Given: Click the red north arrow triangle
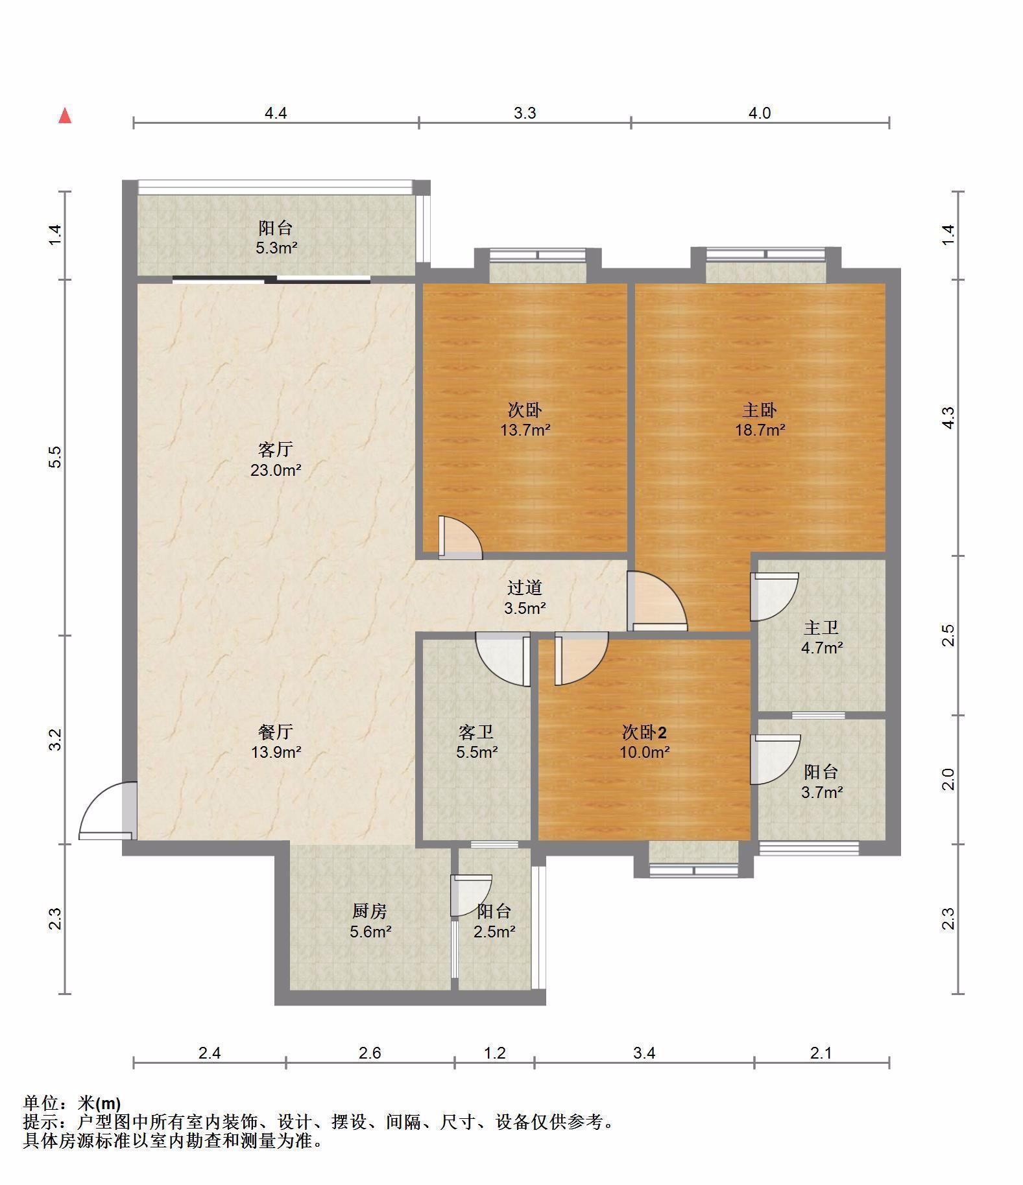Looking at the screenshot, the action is pos(65,116).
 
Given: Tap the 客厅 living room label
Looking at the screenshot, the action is pos(276,449).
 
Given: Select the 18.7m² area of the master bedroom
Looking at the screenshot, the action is pos(760,430).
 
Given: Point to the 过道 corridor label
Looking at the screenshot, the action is pos(524,587).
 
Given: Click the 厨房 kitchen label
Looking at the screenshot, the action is pos(370,911).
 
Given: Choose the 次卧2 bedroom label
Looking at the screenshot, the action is pos(644,733).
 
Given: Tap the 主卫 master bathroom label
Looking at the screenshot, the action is pos(821,628).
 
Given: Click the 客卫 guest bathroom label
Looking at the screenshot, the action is pos(476,733).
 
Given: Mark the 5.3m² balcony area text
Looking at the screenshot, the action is pos(276,248).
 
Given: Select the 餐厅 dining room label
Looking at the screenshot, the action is pos(276,733).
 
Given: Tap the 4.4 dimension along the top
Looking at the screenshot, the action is pos(276,113).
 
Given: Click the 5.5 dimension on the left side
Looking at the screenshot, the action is pos(56,457).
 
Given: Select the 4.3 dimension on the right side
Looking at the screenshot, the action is pos(948,417).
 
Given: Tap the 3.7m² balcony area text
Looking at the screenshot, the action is pos(821,792).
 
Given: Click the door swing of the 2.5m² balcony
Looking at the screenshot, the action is pos(471,895).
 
